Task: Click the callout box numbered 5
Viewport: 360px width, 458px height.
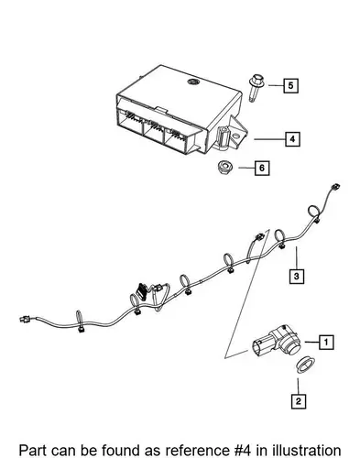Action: [x=290, y=86]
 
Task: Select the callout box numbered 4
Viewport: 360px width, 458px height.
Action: [x=292, y=139]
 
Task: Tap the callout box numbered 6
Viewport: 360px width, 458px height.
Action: [x=262, y=168]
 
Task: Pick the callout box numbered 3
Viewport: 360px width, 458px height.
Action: [x=297, y=277]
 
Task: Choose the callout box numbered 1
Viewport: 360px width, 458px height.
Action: [x=326, y=342]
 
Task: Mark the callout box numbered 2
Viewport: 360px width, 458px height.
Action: [x=298, y=401]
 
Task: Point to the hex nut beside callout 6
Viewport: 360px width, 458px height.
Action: [x=225, y=168]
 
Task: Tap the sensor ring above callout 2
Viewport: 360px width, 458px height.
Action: [x=306, y=365]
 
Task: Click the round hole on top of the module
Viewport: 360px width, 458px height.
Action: [x=193, y=82]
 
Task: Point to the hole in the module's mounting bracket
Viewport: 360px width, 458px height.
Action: [x=235, y=136]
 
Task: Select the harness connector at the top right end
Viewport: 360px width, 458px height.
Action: [x=335, y=187]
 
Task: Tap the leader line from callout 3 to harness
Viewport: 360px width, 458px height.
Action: [x=296, y=257]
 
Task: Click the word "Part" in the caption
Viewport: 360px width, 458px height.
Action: [x=33, y=450]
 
